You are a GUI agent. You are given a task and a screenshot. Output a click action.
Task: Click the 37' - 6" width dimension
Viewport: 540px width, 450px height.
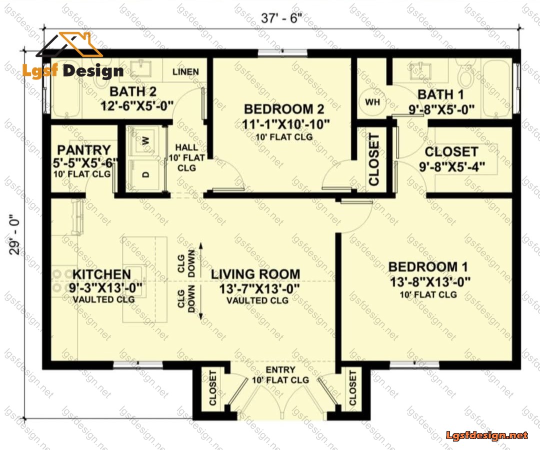(281, 18)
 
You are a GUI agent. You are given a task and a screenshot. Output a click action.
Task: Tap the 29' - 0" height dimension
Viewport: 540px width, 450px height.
(15, 235)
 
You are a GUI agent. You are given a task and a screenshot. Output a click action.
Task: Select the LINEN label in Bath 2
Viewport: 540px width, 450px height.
(185, 71)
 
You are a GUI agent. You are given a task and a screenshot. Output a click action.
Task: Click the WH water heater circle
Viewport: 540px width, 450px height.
(372, 102)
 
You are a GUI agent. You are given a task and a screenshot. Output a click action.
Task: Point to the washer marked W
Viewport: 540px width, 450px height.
(145, 140)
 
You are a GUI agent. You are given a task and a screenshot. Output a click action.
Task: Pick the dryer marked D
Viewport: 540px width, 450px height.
(145, 174)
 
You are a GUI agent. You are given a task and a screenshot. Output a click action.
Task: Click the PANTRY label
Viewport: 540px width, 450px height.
(84, 150)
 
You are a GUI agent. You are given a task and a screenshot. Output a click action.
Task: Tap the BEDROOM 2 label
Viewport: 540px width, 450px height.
(284, 109)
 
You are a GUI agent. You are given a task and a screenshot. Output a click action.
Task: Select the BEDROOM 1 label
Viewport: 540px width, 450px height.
(428, 267)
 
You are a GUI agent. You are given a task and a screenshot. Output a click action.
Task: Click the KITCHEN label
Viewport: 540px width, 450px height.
(101, 274)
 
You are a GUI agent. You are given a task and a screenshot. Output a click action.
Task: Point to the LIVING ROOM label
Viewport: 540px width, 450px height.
(255, 274)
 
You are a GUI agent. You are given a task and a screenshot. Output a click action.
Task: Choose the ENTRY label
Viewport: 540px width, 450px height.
(280, 370)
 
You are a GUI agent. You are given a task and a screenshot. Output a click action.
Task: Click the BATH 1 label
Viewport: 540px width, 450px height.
(440, 94)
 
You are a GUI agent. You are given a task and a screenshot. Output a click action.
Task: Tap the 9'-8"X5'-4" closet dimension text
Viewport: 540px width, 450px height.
(452, 166)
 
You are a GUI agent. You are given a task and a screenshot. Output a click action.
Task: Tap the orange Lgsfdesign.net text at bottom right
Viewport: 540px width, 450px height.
(487, 435)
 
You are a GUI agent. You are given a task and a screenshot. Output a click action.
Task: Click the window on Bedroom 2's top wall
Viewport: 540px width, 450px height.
(282, 52)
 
